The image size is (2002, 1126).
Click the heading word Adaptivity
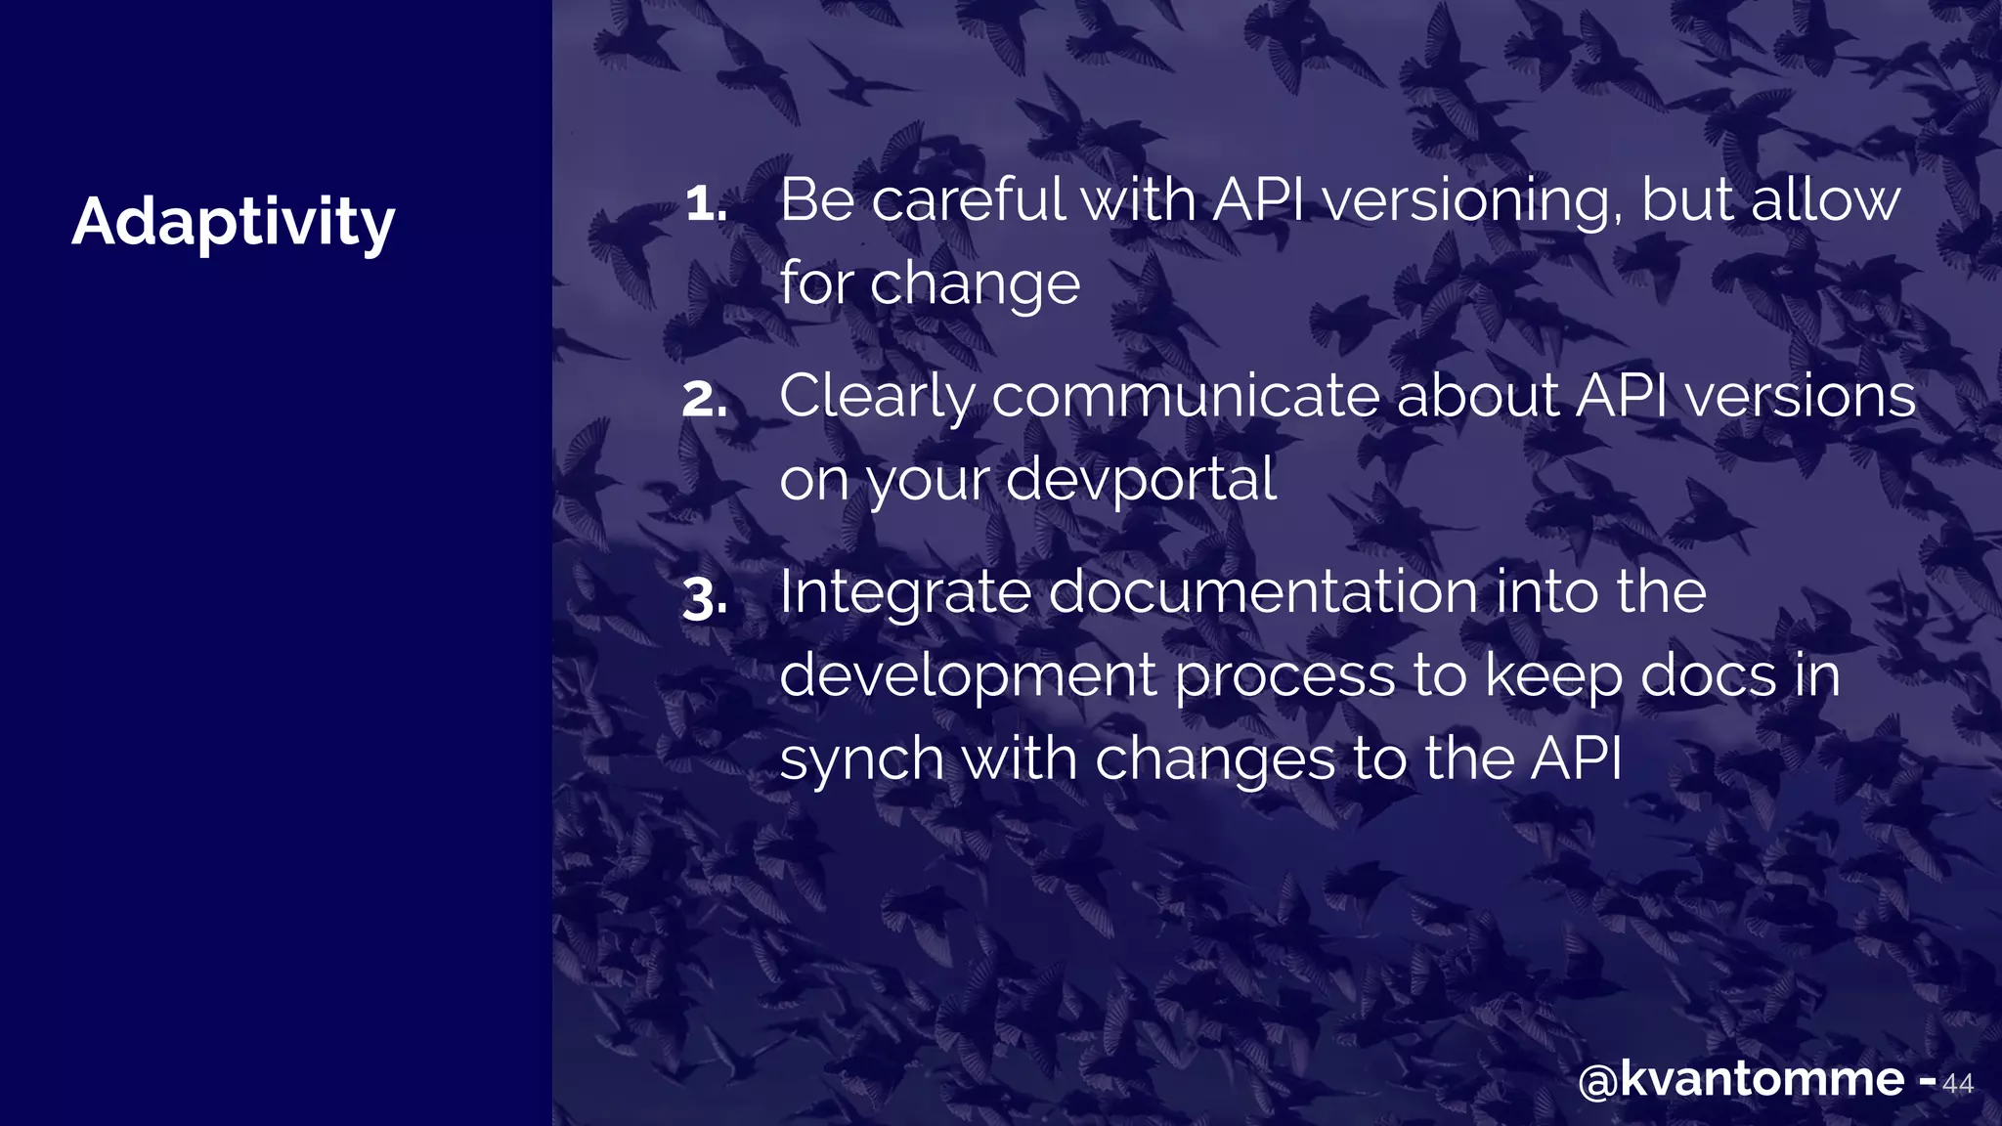click(x=233, y=223)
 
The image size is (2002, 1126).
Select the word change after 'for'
click(x=975, y=285)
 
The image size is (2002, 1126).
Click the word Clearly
click(x=877, y=398)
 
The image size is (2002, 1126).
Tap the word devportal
click(x=1140, y=481)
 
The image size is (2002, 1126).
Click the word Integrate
click(x=904, y=594)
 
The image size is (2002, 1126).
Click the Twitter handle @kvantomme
click(x=1741, y=1080)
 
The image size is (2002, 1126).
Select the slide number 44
click(x=1957, y=1084)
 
